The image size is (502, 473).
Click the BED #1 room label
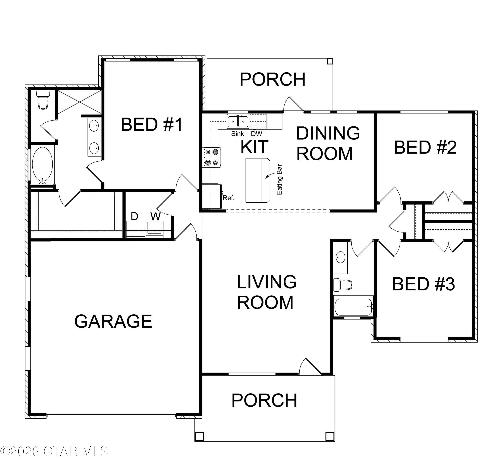coord(151,125)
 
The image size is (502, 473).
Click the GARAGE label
coord(113,321)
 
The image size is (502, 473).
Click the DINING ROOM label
coord(328,143)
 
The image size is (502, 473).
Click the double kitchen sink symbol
coord(238,121)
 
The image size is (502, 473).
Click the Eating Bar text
coord(279,179)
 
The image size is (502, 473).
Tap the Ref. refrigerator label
coord(229,198)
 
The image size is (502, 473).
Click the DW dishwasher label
coord(257,134)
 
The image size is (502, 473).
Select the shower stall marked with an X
coord(80,102)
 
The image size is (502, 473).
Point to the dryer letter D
coord(135,216)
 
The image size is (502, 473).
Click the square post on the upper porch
coord(330,61)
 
